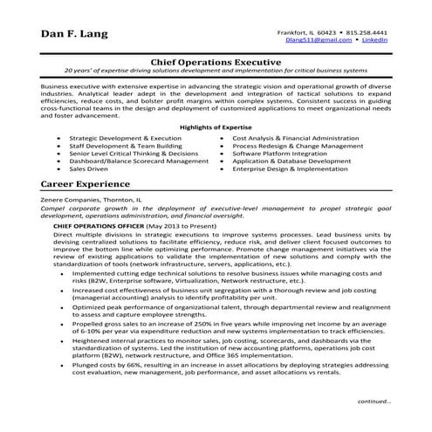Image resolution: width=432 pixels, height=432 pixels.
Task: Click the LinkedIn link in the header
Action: [375, 39]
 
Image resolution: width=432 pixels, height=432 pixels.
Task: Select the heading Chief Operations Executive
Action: [216, 63]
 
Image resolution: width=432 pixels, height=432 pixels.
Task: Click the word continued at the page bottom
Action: [374, 402]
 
